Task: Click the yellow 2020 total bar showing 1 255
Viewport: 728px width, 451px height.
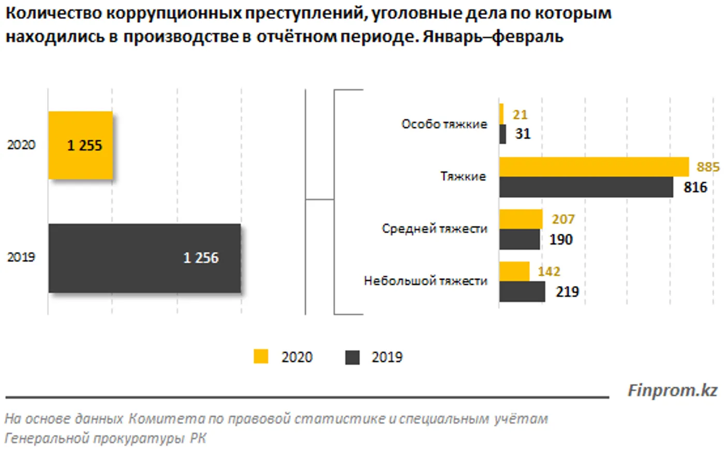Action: pos(81,145)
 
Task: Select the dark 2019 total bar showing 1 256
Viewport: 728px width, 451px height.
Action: pos(144,258)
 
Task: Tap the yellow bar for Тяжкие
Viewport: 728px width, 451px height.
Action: pos(593,167)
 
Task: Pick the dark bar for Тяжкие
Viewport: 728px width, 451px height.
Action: pos(586,187)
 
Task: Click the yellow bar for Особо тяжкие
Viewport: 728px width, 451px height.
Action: pos(501,114)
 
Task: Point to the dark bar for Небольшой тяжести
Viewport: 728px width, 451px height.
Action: pos(522,292)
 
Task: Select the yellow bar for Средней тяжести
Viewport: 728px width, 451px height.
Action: pos(521,219)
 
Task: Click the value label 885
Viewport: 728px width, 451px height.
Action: pos(708,167)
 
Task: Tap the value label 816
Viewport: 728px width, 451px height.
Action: pos(695,187)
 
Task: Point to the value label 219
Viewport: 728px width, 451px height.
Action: pos(567,292)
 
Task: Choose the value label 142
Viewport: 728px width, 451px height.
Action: pos(548,272)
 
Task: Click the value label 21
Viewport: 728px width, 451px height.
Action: pos(519,114)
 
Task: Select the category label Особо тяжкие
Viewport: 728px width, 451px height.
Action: pos(444,124)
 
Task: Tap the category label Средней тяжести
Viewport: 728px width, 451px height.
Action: pos(434,229)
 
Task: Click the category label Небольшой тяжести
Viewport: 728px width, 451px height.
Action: pos(425,281)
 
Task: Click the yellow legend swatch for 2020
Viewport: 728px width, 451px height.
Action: pos(261,357)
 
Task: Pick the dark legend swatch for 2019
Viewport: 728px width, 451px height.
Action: pos(352,357)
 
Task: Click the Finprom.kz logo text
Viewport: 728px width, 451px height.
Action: pos(672,390)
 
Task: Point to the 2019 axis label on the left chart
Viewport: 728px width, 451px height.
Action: pos(21,257)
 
